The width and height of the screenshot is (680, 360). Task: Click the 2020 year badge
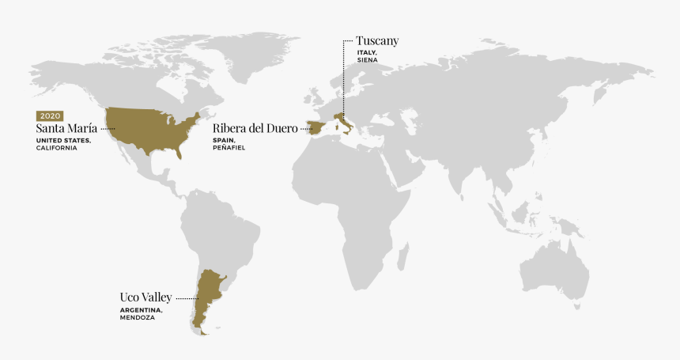coord(50,116)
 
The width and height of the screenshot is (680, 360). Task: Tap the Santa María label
coord(66,128)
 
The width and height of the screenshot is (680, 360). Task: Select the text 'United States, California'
coord(63,144)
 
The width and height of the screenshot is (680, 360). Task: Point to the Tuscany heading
coord(377,40)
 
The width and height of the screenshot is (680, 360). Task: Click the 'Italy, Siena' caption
coord(367,56)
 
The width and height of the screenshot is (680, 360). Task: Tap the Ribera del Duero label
coord(255,128)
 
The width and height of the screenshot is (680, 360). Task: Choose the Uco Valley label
coord(145,297)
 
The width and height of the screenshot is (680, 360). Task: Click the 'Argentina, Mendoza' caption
coord(142,313)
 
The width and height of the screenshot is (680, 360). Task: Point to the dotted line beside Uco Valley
coord(185,298)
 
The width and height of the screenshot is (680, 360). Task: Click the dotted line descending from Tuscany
coord(343,79)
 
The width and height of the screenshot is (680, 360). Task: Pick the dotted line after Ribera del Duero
coord(305,129)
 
